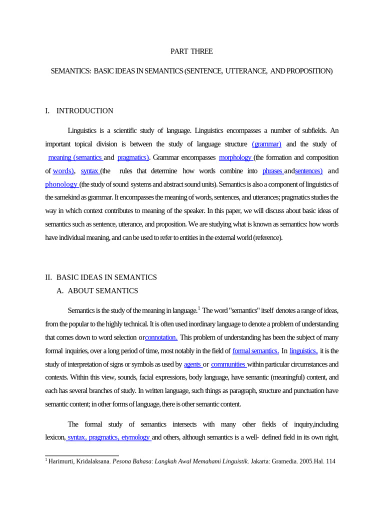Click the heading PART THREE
point(191,51)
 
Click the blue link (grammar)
point(266,144)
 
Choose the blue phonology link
point(61,184)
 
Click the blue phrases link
point(273,171)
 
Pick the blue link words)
point(63,171)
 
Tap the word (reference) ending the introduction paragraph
point(267,238)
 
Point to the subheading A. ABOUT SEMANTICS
point(97,290)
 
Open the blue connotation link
point(161,337)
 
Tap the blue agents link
point(192,364)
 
